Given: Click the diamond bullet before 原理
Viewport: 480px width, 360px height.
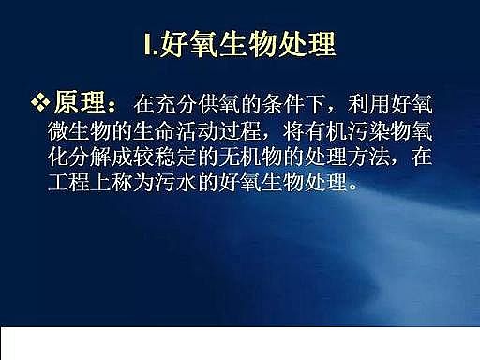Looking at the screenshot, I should click(38, 99).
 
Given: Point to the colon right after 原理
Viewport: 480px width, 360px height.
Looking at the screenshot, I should click(116, 102).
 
